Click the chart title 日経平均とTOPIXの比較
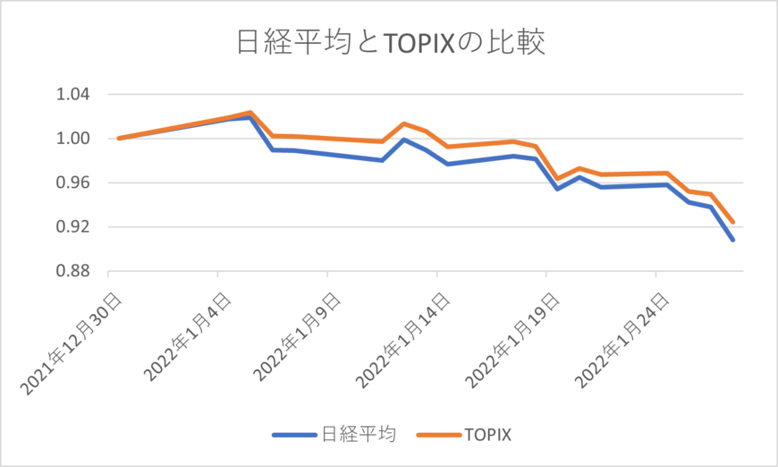[x=389, y=42]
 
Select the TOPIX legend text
[x=487, y=436]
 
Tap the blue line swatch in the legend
[x=294, y=436]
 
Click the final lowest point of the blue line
[x=733, y=240]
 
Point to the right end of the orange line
[x=733, y=222]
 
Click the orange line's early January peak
[x=250, y=113]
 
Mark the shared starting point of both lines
[x=119, y=139]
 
